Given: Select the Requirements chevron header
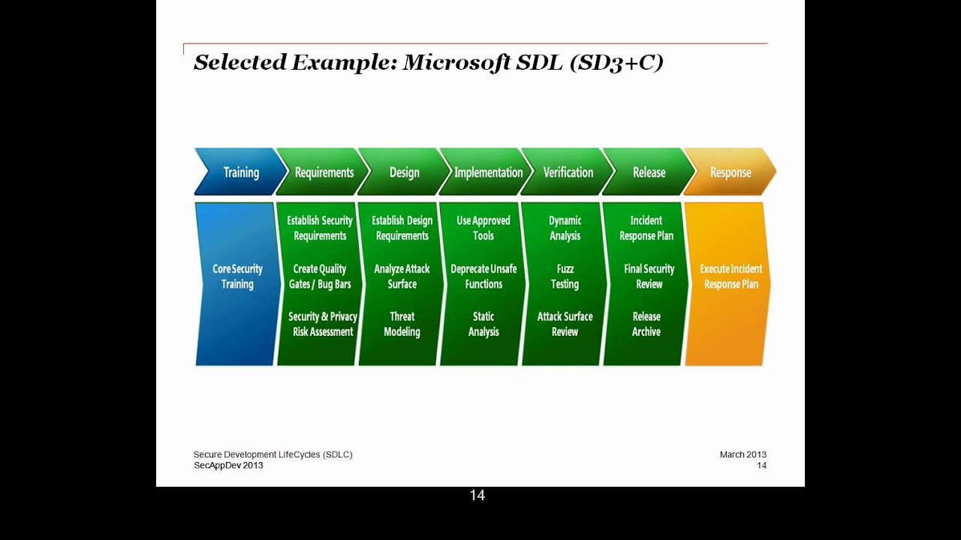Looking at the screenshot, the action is point(324,172).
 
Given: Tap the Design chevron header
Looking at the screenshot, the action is point(404,172).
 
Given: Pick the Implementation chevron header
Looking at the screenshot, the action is point(488,172).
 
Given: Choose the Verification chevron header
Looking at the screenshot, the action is point(568,172).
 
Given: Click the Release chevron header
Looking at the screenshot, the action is point(649,172).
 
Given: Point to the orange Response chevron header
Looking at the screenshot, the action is point(731,172).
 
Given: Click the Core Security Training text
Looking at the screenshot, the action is point(237,276).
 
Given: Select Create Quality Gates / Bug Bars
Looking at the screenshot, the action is point(320,276).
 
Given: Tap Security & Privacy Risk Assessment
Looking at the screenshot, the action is point(323,324).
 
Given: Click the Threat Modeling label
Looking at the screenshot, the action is point(402,324).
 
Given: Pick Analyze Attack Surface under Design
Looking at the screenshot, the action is point(402,276).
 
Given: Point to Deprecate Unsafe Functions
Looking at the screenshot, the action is point(484,276).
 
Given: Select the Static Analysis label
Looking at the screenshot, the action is point(484,324).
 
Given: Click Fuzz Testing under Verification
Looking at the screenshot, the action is point(565,276).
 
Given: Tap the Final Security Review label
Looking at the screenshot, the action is point(649,276).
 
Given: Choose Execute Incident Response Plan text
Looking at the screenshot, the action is point(731,276).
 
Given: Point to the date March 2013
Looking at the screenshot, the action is point(743,454).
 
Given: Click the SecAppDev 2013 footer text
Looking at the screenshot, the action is point(228,465).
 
